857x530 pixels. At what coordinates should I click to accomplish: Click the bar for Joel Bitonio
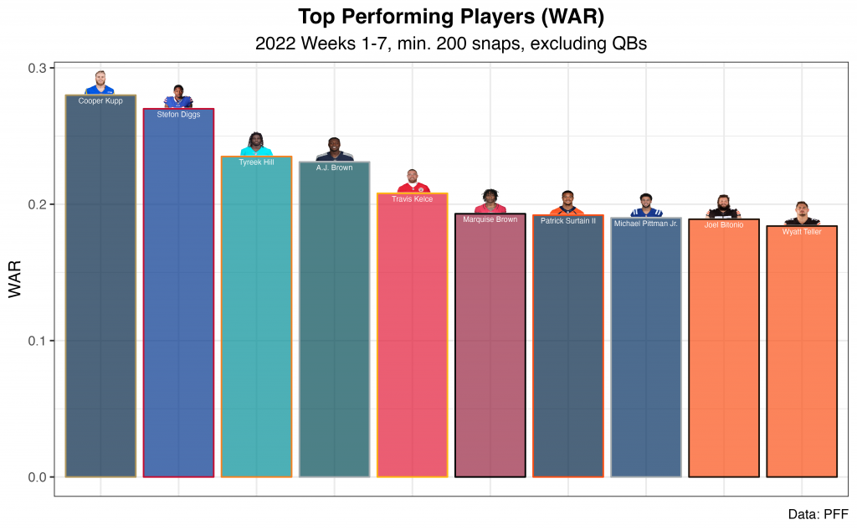pyautogui.click(x=723, y=352)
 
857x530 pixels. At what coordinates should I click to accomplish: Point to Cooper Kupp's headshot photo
pyautogui.click(x=100, y=84)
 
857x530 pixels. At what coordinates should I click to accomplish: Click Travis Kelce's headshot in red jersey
pyautogui.click(x=412, y=182)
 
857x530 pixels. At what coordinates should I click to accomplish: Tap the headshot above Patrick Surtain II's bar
pyautogui.click(x=567, y=203)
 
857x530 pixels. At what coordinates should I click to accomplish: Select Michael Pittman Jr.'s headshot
pyautogui.click(x=645, y=206)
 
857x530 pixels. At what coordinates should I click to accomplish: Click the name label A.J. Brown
pyautogui.click(x=334, y=167)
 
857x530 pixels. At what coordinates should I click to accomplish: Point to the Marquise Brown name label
pyautogui.click(x=490, y=219)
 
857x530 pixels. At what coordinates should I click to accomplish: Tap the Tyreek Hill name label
pyautogui.click(x=256, y=162)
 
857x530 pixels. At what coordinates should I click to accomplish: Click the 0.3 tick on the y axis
pyautogui.click(x=39, y=68)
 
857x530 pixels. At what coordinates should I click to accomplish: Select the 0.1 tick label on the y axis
pyautogui.click(x=39, y=341)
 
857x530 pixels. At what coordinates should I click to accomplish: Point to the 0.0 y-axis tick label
pyautogui.click(x=39, y=477)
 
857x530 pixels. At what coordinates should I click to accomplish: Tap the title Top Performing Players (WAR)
pyautogui.click(x=451, y=17)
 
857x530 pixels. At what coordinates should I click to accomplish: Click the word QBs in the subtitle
pyautogui.click(x=626, y=44)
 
